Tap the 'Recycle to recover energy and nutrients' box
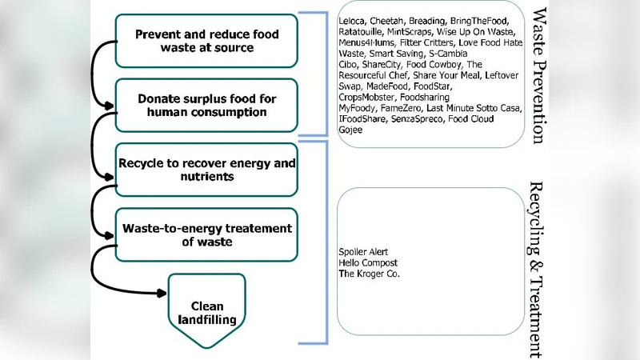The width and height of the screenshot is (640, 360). click(206, 169)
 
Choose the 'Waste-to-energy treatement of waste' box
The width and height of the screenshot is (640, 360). click(206, 234)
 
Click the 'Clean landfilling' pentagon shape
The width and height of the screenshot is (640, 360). click(206, 312)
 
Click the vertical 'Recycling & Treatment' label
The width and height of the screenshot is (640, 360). click(538, 268)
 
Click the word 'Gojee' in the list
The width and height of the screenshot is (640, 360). click(350, 130)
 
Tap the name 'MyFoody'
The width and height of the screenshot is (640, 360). click(356, 108)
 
